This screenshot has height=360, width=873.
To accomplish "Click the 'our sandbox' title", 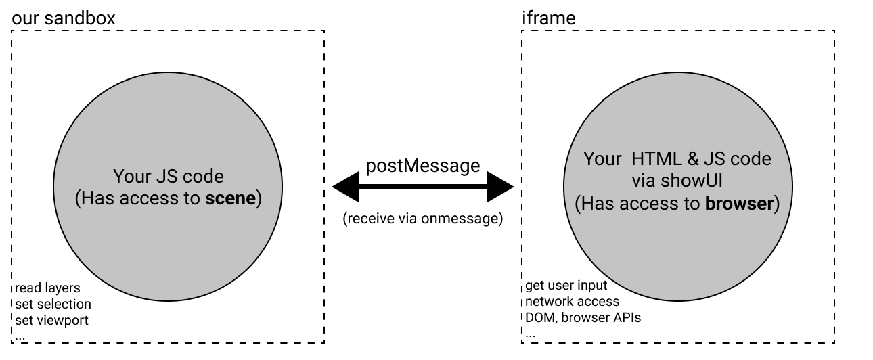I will pos(64,18).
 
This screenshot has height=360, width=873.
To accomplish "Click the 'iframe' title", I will pos(548,18).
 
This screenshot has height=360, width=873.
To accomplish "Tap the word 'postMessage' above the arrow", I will pos(423,166).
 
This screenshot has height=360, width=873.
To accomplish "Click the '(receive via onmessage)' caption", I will pos(423,219).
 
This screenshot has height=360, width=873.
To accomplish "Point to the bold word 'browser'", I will pos(739,203).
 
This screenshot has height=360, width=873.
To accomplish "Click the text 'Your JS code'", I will pos(169,177).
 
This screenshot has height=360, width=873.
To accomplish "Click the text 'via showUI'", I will pos(677,181).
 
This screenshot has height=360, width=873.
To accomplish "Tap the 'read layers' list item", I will pos(47,289).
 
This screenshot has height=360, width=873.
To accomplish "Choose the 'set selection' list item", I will pos(53,304).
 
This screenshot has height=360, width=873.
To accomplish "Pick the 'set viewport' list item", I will pos(51,319).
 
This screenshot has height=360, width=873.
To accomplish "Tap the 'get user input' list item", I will pos(567,285).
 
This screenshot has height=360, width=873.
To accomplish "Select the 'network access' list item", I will pos(572,301).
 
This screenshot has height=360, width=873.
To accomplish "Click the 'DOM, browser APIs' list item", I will pos(583,317).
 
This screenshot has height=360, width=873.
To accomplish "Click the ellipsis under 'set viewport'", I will pos(21,336).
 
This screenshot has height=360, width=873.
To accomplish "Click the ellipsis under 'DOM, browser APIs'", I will pos(531,334).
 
